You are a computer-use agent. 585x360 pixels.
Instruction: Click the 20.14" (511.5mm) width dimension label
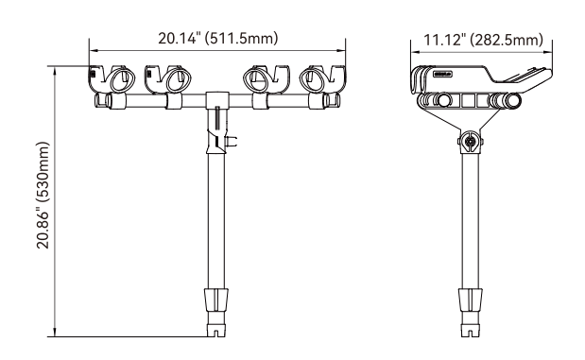point(218,39)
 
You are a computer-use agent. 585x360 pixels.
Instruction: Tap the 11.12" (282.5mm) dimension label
point(484,40)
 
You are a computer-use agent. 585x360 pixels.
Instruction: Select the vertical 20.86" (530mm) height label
point(43,195)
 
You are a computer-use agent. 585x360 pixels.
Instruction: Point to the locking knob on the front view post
point(232,142)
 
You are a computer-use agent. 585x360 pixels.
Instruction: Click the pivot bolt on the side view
point(471,142)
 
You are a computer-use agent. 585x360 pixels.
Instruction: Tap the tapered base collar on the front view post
point(216,300)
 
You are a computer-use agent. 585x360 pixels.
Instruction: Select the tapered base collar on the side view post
point(470,300)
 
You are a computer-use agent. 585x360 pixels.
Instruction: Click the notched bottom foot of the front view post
point(216,330)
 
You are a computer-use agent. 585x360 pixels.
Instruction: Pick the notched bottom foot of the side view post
point(470,330)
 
